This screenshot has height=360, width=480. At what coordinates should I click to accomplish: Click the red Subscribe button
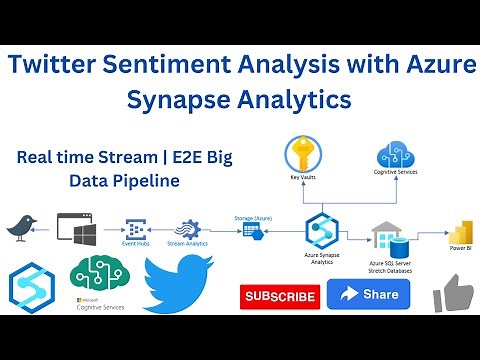[x=280, y=296]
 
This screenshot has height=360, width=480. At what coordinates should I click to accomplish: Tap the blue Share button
[x=368, y=294]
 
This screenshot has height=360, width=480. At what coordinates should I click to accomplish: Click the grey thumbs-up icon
[x=452, y=294]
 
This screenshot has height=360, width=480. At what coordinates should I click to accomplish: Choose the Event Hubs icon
[x=136, y=229]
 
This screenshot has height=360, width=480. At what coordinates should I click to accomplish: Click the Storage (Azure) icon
[x=251, y=229]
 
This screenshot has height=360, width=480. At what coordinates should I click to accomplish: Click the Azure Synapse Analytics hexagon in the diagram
[x=322, y=230]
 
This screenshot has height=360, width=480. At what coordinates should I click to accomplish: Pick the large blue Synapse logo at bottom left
[x=32, y=284]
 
